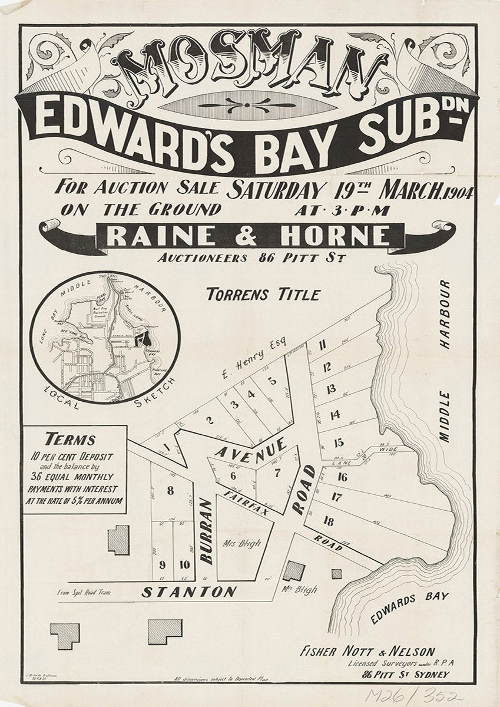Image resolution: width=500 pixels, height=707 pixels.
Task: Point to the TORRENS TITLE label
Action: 263,294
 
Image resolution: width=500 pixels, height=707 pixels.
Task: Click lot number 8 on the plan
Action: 171,490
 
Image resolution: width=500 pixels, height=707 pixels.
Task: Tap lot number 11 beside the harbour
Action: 322,346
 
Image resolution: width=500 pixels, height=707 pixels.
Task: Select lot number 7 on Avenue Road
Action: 277,472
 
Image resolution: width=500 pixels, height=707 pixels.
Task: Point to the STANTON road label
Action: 189,592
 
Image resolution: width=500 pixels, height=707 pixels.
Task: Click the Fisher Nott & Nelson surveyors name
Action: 367,652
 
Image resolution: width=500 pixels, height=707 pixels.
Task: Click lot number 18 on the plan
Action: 329,520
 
